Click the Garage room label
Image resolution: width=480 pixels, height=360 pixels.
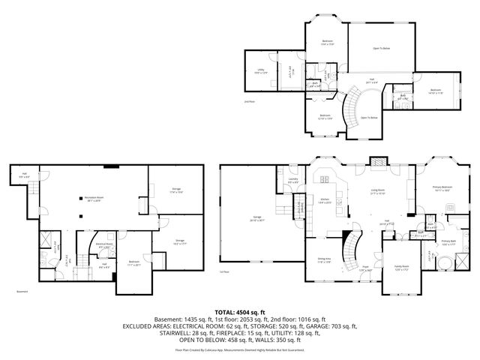246,217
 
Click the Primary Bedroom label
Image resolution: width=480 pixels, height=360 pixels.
442,187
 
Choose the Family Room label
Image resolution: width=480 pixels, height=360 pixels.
402,268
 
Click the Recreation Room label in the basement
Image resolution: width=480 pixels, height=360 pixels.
94,199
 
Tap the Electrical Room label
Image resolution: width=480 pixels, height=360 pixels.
104,244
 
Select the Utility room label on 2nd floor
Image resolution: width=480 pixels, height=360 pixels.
259,71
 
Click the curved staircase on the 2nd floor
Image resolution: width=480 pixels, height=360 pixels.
349,109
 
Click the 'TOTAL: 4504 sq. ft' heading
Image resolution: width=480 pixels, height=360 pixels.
240,312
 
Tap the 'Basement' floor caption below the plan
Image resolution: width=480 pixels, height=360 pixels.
23,292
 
